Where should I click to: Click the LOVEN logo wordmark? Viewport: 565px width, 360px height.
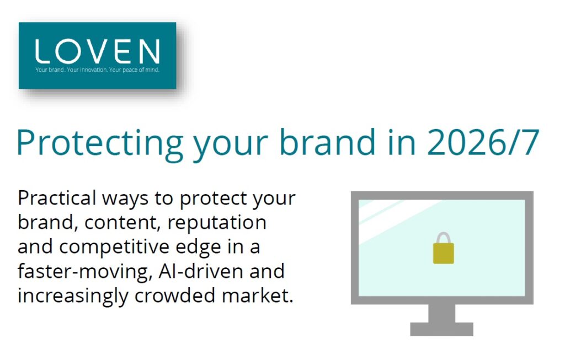97,51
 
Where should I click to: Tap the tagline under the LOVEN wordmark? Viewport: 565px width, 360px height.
97,70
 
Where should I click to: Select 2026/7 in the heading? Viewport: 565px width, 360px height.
483,142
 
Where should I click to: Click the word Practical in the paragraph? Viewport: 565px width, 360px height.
57,197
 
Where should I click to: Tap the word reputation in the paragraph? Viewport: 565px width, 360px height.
217,223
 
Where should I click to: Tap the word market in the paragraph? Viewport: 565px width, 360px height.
258,295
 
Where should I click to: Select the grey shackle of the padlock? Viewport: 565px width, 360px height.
443,234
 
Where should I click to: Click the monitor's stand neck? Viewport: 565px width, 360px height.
442,313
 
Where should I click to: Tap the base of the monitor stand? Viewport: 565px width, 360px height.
442,329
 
